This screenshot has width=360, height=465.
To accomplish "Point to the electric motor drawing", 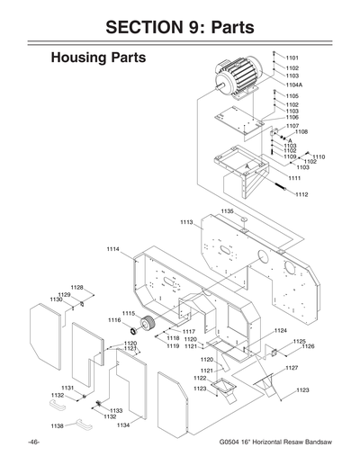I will [238, 76].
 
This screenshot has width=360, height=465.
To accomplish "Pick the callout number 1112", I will [301, 194].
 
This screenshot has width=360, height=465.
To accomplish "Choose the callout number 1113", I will [186, 221].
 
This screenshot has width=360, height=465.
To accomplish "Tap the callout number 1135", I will [227, 211].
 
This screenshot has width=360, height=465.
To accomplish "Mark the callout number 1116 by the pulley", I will [114, 319].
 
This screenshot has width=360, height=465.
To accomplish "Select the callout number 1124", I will [280, 331].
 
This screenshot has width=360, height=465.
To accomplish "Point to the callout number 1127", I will [292, 368].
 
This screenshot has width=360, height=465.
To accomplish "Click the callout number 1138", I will [57, 425].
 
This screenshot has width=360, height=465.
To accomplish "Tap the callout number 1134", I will [123, 425].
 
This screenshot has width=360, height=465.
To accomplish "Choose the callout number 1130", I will [56, 299].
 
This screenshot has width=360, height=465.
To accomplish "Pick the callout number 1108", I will [301, 131].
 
